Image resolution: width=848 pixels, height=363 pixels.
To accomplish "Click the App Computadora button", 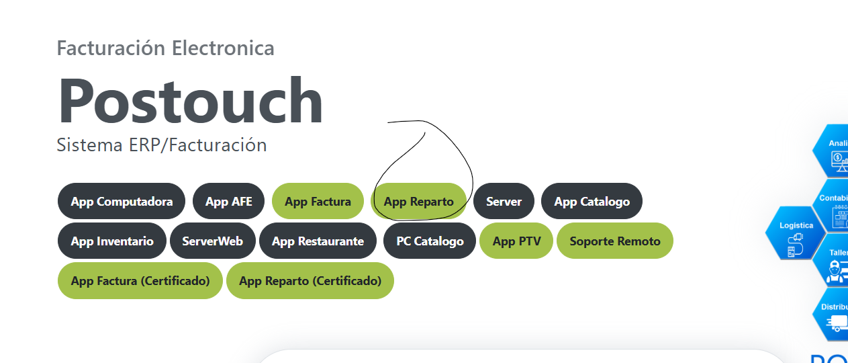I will click(x=122, y=201).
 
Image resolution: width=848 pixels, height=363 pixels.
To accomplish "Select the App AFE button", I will click(x=229, y=201).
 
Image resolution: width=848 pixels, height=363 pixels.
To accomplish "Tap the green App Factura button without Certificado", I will click(x=318, y=201).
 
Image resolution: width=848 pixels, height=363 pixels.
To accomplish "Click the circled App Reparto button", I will click(x=418, y=201).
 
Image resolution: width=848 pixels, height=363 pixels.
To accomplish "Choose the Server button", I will click(x=504, y=201).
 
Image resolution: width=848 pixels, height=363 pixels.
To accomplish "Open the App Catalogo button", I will click(x=592, y=201).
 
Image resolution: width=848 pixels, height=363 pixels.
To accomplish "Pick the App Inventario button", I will click(x=112, y=241).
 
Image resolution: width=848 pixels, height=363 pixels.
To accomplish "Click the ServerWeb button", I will click(x=212, y=241).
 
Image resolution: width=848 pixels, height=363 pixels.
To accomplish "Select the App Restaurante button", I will click(x=318, y=241).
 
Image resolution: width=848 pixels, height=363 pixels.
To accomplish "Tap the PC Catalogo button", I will click(x=430, y=241).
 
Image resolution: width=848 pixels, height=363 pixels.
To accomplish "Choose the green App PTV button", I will click(x=516, y=241).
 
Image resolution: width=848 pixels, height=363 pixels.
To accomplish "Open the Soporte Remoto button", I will click(x=615, y=241).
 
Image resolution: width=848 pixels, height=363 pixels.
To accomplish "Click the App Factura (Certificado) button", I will click(x=140, y=280).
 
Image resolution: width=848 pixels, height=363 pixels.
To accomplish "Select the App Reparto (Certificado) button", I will click(x=310, y=280).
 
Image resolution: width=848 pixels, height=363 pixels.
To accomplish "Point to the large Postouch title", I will click(x=191, y=102).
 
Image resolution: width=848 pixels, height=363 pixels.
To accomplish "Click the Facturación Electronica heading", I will click(x=165, y=48).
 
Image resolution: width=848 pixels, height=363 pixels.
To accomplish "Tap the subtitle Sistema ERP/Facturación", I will click(x=161, y=145).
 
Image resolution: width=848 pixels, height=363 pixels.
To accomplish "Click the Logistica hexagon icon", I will click(x=796, y=233).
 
